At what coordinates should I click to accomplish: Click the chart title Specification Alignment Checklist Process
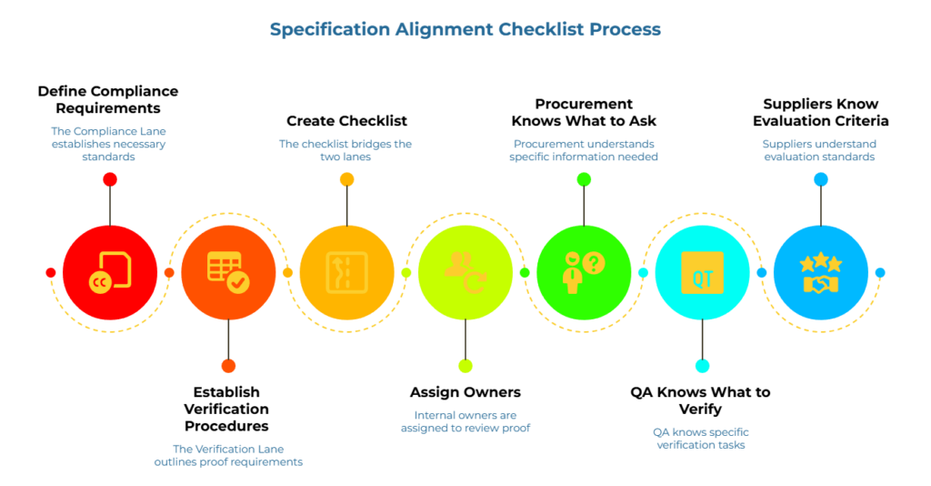465,29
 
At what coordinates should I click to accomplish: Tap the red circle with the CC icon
110,272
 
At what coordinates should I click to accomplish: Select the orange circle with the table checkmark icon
228,272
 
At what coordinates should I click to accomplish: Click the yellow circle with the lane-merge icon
346,272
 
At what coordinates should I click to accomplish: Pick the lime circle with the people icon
465,272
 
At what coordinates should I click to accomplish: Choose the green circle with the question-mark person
584,272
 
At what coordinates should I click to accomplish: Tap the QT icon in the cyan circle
702,272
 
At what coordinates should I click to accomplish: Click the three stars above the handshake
820,263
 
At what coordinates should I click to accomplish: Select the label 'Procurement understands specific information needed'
584,150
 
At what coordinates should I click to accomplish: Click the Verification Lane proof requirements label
228,455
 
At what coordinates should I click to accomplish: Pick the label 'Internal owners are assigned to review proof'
465,420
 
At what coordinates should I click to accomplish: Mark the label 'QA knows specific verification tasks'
701,439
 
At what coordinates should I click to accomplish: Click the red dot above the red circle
110,180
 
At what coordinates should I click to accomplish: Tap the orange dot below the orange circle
228,366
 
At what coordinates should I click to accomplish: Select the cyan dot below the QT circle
702,366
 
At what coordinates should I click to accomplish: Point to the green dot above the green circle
584,180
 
